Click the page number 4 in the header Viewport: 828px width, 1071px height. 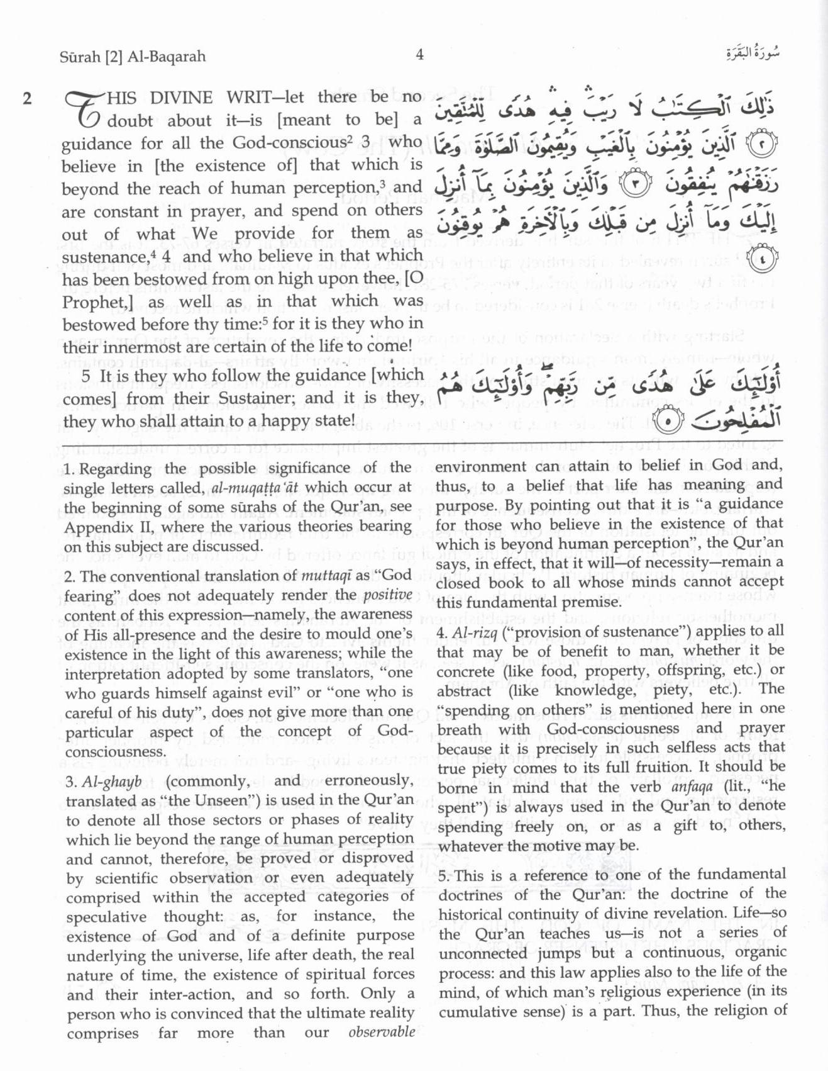pos(419,55)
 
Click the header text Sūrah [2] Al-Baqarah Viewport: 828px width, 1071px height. pos(133,57)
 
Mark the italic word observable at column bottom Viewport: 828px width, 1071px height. pos(382,1032)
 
